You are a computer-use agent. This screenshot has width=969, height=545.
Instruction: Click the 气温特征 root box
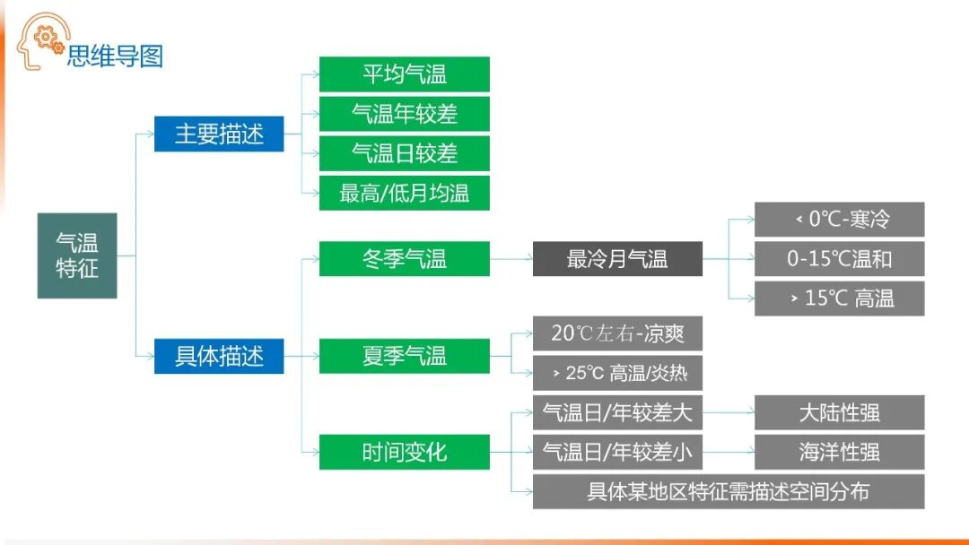point(77,255)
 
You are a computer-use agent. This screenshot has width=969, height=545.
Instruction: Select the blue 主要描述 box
point(219,134)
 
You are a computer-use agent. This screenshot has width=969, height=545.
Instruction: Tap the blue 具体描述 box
point(219,356)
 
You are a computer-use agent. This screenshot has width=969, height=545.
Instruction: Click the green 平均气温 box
point(404,74)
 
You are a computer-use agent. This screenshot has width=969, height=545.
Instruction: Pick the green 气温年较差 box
point(404,114)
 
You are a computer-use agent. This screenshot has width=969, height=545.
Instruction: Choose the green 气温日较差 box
point(404,153)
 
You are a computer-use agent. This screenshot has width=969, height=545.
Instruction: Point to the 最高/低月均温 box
point(404,193)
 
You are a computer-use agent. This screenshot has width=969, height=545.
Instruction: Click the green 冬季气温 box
point(404,259)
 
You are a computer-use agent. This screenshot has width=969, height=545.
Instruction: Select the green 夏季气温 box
point(404,356)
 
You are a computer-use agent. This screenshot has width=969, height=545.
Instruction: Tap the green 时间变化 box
point(404,452)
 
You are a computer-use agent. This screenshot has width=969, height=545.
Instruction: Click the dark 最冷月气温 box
point(617,259)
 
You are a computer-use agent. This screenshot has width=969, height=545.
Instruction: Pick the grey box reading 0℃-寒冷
point(839,220)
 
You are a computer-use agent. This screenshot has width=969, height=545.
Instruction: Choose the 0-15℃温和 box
point(839,259)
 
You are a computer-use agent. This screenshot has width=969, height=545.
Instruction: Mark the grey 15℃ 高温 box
point(839,298)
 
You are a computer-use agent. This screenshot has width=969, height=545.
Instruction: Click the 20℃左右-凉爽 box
point(617,333)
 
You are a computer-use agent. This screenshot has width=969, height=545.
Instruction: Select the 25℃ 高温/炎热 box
point(617,373)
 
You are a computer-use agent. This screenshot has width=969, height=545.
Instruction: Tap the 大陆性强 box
point(839,412)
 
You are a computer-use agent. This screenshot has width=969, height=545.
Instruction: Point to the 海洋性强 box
point(839,452)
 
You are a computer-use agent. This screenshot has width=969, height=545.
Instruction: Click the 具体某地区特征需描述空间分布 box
point(728,491)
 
